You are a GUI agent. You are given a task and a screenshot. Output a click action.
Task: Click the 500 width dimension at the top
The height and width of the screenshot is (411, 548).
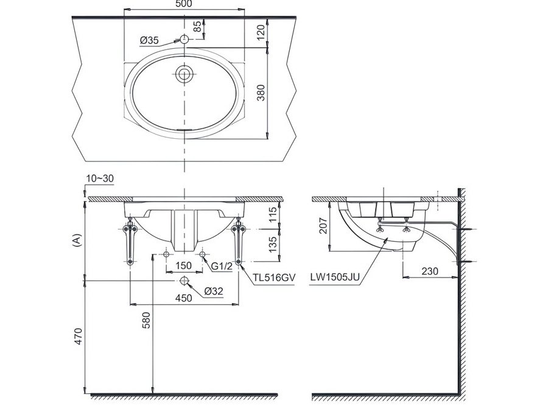[x=183, y=4]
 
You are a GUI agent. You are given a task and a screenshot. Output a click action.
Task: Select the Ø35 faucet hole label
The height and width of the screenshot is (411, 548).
[x=149, y=40]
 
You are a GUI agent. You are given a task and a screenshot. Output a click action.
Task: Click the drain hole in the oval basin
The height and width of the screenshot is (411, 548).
[x=184, y=74]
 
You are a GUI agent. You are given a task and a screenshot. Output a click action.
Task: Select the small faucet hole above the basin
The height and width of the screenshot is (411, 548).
[x=184, y=40]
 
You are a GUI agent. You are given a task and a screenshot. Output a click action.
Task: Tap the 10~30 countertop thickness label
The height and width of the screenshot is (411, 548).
[x=100, y=178]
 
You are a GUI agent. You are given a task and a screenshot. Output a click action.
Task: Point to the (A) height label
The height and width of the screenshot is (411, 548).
[x=76, y=240]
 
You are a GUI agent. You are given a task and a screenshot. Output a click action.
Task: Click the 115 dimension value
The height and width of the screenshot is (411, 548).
[x=272, y=215]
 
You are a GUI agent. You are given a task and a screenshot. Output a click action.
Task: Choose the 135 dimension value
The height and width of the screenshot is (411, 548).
[x=272, y=244]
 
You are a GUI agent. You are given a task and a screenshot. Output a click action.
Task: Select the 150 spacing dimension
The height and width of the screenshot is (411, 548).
[x=184, y=265]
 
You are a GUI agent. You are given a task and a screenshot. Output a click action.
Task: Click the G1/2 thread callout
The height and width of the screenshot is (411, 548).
[x=223, y=265]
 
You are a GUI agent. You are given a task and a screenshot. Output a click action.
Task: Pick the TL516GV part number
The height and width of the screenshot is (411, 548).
[x=275, y=277]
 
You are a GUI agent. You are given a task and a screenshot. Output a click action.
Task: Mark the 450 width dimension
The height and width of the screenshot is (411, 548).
[x=184, y=298]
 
